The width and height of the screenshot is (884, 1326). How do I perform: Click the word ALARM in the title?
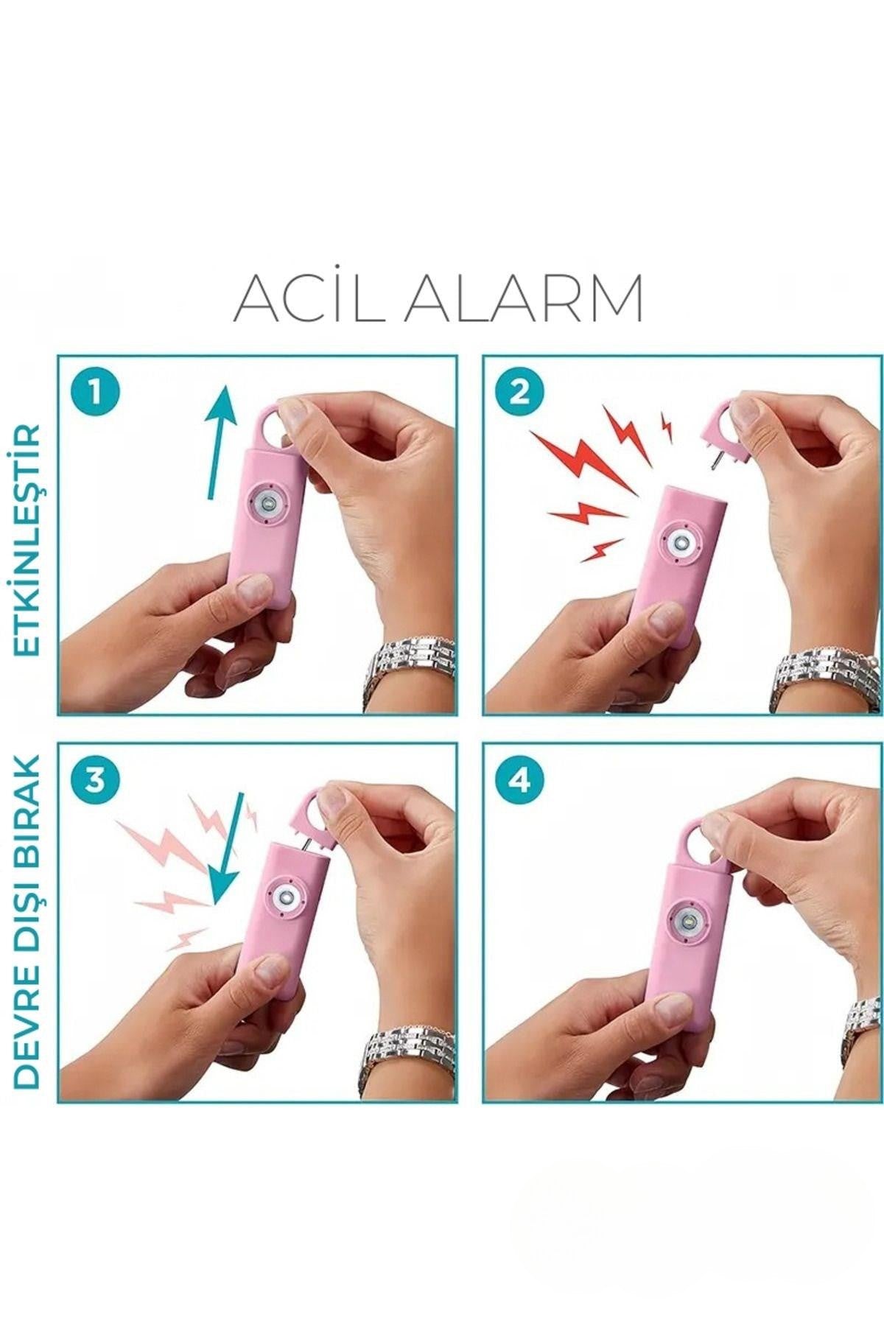pyautogui.click(x=524, y=298)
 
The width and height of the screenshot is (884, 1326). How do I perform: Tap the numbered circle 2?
pyautogui.click(x=520, y=392)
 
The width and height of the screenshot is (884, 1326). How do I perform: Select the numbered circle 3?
pyautogui.click(x=94, y=779)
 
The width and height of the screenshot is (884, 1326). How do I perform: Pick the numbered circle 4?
pyautogui.click(x=520, y=779)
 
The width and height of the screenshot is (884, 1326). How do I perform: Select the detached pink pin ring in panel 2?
pyautogui.click(x=725, y=435)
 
